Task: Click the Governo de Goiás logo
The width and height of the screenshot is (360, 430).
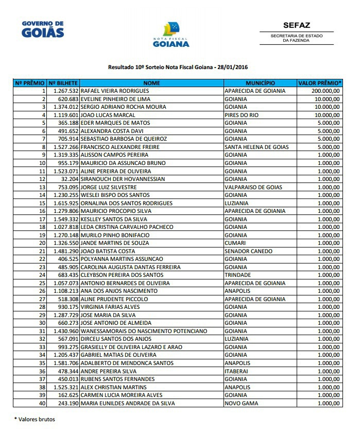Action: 43,29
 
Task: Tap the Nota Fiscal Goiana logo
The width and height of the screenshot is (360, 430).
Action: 171,35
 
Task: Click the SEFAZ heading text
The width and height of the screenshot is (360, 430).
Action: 296,25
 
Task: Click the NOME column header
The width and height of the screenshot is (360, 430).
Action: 151,83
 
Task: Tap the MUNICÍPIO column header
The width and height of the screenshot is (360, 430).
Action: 260,83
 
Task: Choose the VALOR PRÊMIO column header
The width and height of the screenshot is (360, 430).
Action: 319,83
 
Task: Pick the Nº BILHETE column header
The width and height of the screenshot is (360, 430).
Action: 63,83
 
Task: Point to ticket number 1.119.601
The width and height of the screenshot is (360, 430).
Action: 65,115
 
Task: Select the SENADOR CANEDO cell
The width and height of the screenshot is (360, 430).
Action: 249,251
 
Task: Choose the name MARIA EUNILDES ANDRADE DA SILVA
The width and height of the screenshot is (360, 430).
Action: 127,403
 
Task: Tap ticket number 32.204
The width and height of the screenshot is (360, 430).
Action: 68,179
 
